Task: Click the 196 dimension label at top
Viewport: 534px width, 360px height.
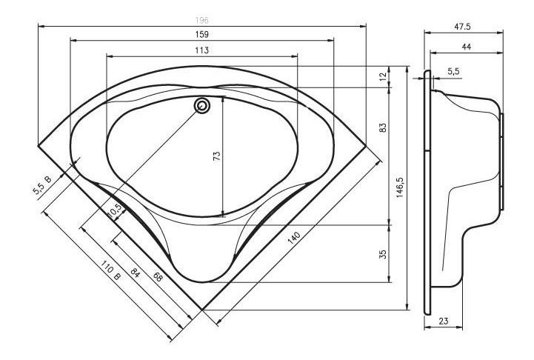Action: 202,21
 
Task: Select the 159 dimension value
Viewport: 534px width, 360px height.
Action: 202,34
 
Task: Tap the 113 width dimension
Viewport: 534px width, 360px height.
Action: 202,50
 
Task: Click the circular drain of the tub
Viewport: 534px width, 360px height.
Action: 202,106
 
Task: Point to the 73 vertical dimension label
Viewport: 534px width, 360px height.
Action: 216,156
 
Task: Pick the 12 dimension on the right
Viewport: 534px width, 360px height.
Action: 383,76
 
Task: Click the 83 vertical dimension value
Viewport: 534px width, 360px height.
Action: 383,128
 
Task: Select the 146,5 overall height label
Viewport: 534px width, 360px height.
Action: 400,187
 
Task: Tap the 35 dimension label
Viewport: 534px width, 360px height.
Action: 383,254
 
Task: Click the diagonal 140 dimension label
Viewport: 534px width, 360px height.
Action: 294,238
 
